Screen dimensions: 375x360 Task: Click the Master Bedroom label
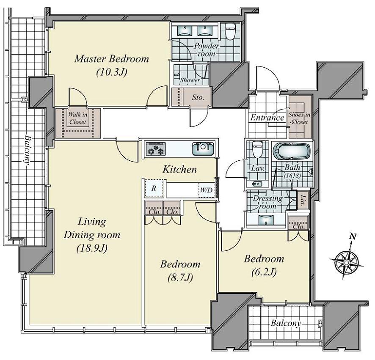[111, 59]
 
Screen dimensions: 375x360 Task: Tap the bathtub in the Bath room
[292, 151]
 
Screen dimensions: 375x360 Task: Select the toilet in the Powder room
[231, 31]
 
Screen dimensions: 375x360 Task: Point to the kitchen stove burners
[156, 148]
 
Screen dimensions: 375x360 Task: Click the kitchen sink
[203, 148]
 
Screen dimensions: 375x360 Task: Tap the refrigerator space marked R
[154, 188]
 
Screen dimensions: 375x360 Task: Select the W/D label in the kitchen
[206, 190]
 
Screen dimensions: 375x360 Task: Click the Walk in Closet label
[77, 118]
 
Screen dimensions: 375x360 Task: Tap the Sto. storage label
[198, 97]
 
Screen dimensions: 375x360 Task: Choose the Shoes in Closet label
[299, 118]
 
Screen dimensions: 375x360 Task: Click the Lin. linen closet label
[303, 201]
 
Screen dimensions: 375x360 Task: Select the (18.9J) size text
[92, 248]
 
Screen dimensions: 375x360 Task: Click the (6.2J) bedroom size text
[264, 272]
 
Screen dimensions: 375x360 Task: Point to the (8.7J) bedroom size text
[180, 278]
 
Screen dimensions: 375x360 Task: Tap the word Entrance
[267, 118]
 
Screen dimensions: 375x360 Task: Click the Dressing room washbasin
[266, 220]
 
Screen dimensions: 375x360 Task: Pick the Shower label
[190, 80]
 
